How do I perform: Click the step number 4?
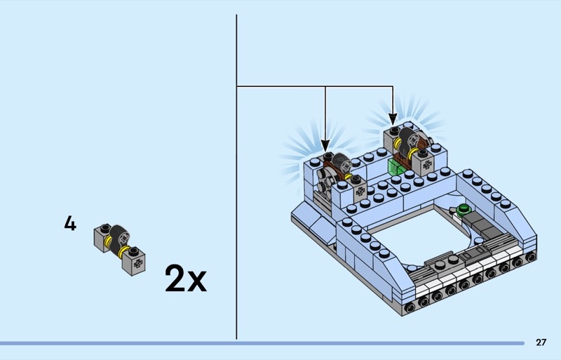coord(70,224)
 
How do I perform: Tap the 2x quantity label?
coord(186,279)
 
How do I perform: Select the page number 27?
coord(541,342)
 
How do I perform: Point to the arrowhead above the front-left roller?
coord(325,145)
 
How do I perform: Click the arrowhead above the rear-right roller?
coord(393,119)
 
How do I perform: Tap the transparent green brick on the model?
coord(395,167)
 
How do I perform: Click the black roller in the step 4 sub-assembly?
coord(119,239)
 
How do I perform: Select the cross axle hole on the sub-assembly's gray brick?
coord(137,264)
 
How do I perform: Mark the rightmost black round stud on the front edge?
coord(531,256)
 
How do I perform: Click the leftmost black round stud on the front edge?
coord(410,307)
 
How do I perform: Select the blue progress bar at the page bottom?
coord(262,343)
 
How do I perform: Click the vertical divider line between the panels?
coord(236,177)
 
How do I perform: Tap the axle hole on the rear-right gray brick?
coord(427,165)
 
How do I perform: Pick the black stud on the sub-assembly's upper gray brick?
coord(104,228)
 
